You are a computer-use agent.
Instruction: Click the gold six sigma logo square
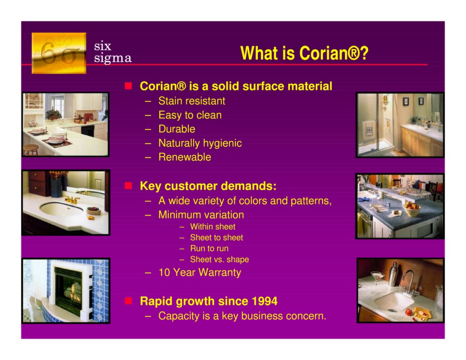point(59,53)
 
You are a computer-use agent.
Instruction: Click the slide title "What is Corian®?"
point(304,54)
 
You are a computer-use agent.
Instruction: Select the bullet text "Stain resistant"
point(192,101)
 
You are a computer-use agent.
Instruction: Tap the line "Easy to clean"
point(190,115)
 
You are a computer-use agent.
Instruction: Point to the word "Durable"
point(177,129)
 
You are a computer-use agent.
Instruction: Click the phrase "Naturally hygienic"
point(200,143)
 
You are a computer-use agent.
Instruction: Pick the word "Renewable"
point(184,157)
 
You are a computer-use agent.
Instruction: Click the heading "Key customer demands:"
point(208,186)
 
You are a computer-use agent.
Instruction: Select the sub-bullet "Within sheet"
point(213,227)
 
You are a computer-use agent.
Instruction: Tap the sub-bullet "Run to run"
point(209,248)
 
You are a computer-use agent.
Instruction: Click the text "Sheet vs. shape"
point(219,259)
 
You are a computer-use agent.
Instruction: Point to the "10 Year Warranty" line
point(199,273)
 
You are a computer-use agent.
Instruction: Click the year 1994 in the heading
point(263,301)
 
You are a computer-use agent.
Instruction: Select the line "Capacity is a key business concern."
point(242,316)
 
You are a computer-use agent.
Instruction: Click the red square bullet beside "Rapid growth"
point(129,301)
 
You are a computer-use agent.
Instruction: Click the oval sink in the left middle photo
point(61,209)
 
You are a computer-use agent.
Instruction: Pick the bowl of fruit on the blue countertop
point(412,210)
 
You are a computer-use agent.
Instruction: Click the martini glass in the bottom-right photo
point(377,277)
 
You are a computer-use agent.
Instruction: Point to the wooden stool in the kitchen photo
point(31,149)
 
